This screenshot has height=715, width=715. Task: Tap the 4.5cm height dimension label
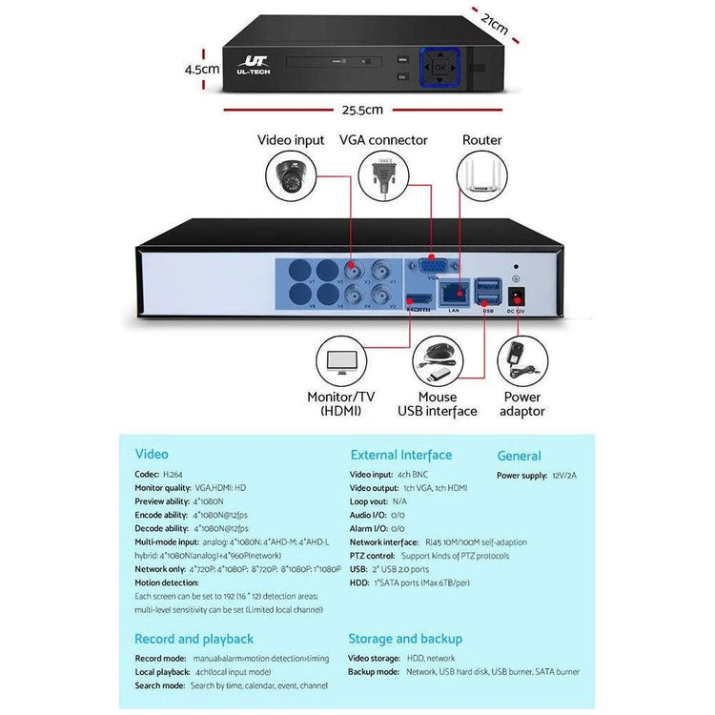[202, 69]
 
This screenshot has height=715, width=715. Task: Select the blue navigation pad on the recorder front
[439, 69]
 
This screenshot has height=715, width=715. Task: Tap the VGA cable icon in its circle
[383, 177]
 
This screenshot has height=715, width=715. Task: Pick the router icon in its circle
[481, 177]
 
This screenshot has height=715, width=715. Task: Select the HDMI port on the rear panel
[419, 296]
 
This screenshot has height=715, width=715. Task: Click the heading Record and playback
[194, 639]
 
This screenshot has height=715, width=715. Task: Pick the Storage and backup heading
[404, 639]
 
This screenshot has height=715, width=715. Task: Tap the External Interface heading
[400, 456]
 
